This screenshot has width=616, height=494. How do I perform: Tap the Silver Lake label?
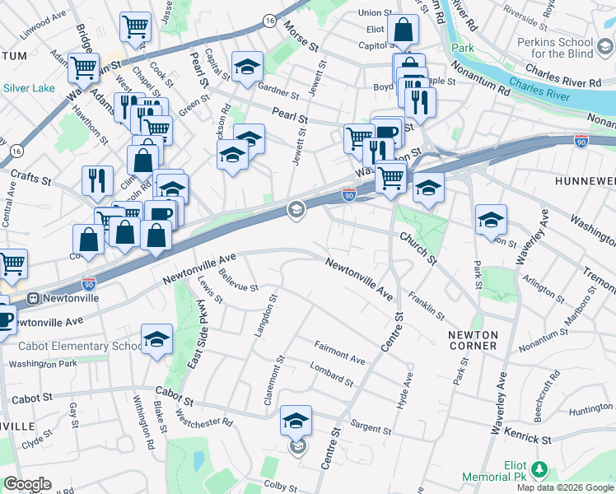point(30,87)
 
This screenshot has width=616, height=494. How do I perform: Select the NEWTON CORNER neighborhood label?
point(473,340)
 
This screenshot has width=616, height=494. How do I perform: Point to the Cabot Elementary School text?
point(72,347)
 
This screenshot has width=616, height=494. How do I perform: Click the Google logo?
point(26,484)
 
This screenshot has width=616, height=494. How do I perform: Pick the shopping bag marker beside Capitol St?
point(404,30)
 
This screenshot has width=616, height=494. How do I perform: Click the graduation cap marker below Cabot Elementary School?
point(156,338)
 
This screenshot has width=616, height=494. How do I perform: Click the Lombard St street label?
point(331,375)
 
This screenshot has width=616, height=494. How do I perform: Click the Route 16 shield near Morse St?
point(269,19)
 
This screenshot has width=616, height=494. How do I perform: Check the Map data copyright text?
point(565,487)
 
